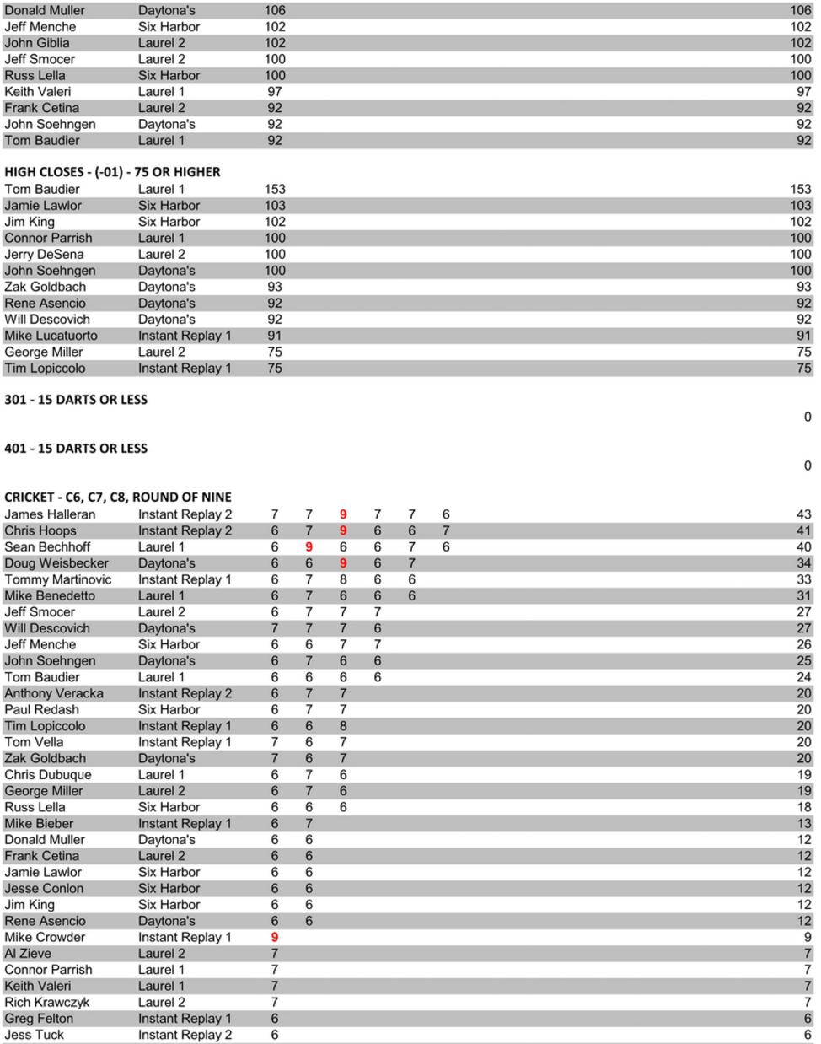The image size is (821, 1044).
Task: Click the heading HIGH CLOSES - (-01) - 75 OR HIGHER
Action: pyautogui.click(x=112, y=172)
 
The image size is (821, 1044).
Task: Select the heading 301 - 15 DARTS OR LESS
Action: pyautogui.click(x=76, y=400)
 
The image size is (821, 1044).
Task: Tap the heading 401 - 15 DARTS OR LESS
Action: pyautogui.click(x=76, y=449)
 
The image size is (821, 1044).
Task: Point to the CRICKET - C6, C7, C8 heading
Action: pyautogui.click(x=118, y=498)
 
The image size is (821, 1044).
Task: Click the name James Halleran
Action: pyautogui.click(x=50, y=514)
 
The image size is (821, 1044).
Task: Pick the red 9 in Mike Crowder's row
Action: pyautogui.click(x=275, y=938)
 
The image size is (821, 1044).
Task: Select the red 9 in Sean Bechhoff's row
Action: pyautogui.click(x=309, y=547)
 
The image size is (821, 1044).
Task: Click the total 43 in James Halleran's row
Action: pyautogui.click(x=803, y=514)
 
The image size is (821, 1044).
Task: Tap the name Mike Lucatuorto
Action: pyautogui.click(x=51, y=336)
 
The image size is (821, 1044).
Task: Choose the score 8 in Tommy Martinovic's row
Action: pyautogui.click(x=343, y=580)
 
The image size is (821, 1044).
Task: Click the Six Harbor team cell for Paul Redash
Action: pyautogui.click(x=169, y=710)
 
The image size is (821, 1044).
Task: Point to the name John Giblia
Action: pyautogui.click(x=37, y=43)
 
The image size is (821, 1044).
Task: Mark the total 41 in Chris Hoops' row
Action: pyautogui.click(x=803, y=531)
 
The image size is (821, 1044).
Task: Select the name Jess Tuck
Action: pyautogui.click(x=35, y=1035)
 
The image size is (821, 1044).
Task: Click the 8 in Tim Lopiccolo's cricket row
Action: pyautogui.click(x=343, y=726)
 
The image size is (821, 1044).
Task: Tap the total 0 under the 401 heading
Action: pyautogui.click(x=808, y=465)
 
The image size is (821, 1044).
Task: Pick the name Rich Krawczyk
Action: pyautogui.click(x=47, y=1003)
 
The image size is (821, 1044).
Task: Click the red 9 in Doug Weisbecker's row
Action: pyautogui.click(x=343, y=563)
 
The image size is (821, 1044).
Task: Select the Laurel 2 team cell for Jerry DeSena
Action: pyautogui.click(x=162, y=255)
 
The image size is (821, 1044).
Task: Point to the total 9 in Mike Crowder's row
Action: pyautogui.click(x=808, y=938)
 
